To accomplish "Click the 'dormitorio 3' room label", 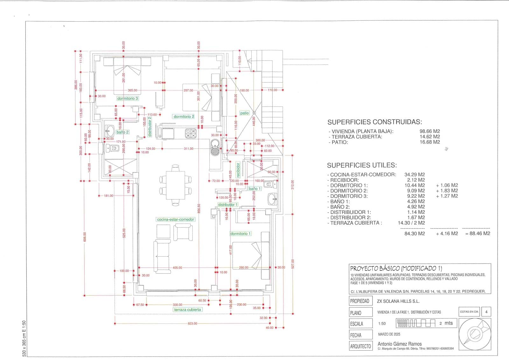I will (128, 98).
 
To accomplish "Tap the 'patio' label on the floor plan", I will (244, 113).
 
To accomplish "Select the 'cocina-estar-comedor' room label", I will (176, 219).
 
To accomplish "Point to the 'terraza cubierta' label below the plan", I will (187, 309).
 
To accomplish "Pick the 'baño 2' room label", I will (122, 132).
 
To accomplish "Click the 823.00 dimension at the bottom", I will (192, 323).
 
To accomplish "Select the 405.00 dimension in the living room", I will (177, 268).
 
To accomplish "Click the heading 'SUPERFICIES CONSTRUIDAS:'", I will (375, 122).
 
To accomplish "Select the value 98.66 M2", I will (430, 131).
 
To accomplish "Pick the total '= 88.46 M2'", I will (478, 233).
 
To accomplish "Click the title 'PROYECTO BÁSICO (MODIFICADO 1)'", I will (396, 268).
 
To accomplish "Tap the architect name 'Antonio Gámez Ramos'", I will (400, 344).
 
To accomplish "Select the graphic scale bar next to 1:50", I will (416, 323).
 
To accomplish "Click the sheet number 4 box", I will (486, 312).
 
